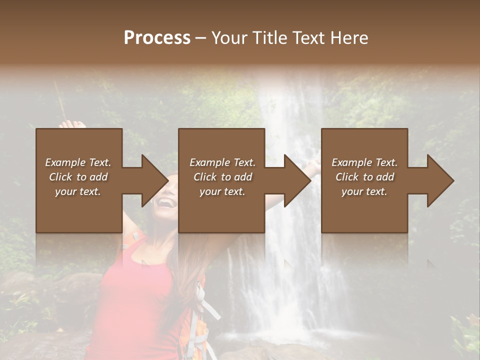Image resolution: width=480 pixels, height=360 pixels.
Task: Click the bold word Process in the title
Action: click(157, 38)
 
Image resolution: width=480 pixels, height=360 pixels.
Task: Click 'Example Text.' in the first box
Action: click(78, 162)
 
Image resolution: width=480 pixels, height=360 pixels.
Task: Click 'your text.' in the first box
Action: click(78, 191)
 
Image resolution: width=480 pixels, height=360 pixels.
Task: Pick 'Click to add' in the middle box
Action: click(222, 177)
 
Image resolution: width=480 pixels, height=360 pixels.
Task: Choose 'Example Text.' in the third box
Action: click(364, 162)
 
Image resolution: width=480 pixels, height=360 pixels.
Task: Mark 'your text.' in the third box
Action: click(364, 191)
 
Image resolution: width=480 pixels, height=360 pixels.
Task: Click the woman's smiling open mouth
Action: click(165, 202)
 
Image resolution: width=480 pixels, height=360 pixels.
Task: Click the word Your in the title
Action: click(230, 38)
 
